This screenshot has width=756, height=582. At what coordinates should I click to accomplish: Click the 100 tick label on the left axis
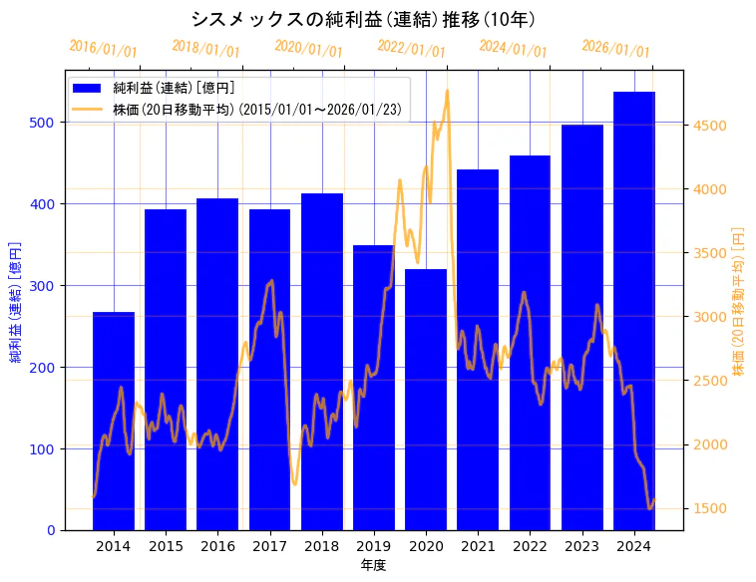(44, 449)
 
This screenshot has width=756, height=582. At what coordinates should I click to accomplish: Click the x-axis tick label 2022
(530, 545)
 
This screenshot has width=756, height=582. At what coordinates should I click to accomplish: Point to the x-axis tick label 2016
(217, 545)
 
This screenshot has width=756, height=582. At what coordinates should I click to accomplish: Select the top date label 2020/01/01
(308, 48)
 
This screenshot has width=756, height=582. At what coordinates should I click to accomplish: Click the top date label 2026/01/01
(615, 48)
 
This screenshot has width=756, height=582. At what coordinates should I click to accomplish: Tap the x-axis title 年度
(373, 565)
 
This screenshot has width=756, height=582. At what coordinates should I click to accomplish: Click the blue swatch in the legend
(89, 89)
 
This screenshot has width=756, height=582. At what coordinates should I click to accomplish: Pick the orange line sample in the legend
(89, 109)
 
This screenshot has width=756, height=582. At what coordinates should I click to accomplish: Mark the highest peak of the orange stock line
(447, 91)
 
